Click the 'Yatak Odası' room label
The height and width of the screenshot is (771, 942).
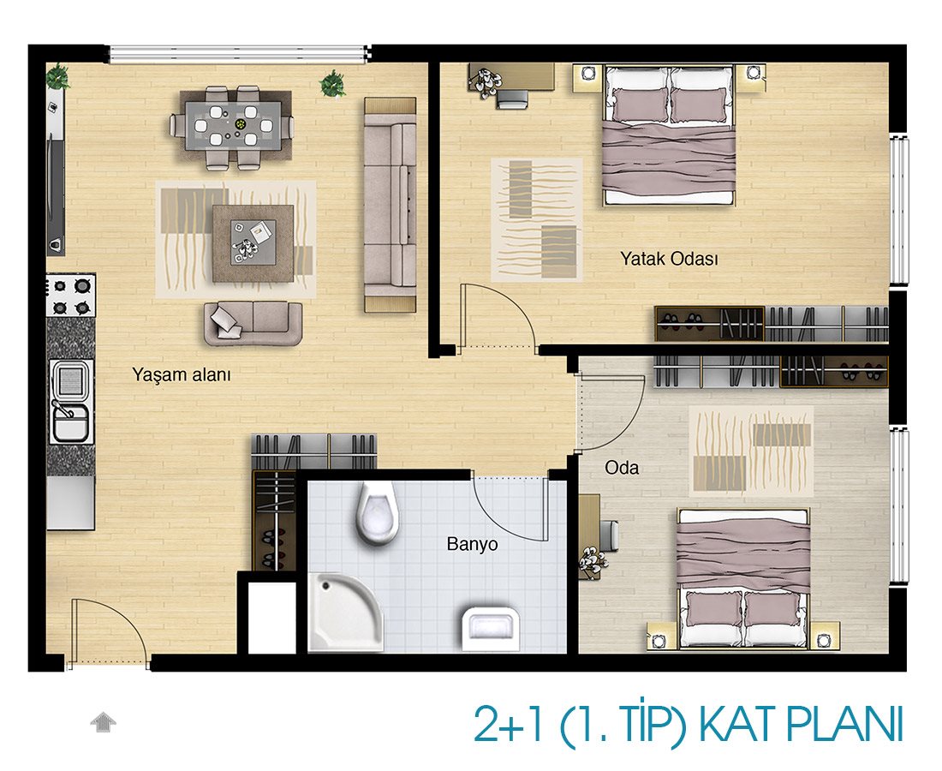pyautogui.click(x=669, y=259)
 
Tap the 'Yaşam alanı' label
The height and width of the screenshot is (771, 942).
pyautogui.click(x=182, y=375)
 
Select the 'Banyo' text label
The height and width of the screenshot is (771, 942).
pyautogui.click(x=472, y=544)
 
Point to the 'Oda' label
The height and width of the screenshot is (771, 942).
pyautogui.click(x=622, y=468)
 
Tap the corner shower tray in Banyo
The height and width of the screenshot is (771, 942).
pyautogui.click(x=345, y=612)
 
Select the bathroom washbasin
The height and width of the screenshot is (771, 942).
pyautogui.click(x=491, y=628)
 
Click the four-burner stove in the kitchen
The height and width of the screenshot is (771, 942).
pyautogui.click(x=71, y=295)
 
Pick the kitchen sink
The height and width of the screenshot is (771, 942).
pyautogui.click(x=71, y=402)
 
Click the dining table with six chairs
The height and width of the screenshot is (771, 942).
pyautogui.click(x=232, y=126)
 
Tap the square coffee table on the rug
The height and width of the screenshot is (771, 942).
pyautogui.click(x=253, y=243)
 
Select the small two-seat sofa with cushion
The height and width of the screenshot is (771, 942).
pyautogui.click(x=253, y=323)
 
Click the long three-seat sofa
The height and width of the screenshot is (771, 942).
pyautogui.click(x=390, y=205)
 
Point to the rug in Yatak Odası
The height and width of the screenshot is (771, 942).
pyautogui.click(x=537, y=220)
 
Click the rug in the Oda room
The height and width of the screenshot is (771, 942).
pyautogui.click(x=751, y=450)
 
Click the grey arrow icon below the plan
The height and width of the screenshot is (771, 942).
pyautogui.click(x=104, y=722)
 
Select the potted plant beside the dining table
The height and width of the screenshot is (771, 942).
pyautogui.click(x=332, y=84)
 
